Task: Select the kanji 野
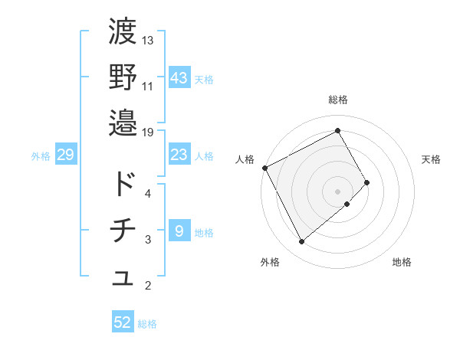point(123,76)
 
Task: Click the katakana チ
point(123,231)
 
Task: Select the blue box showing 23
point(179,155)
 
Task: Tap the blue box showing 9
point(179,231)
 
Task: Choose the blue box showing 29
point(65,155)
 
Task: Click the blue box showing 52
point(123,322)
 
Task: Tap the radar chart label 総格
point(338,100)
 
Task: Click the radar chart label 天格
point(432,159)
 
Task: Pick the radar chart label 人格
point(245,159)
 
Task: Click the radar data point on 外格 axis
point(301,242)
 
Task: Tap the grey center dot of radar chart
point(337,190)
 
